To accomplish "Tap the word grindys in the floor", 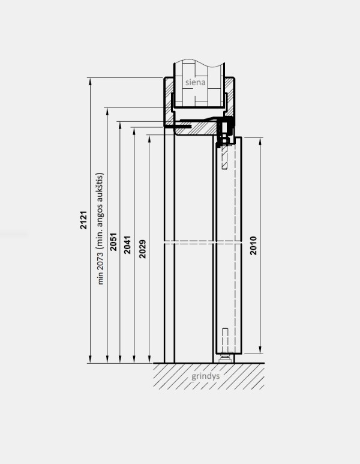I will pos(207,377).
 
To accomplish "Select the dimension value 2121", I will pos(83,221).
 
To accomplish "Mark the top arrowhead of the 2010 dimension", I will pos(260,140).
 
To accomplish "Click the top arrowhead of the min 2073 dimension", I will pos(107,110).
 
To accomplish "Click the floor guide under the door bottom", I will pos(226,358).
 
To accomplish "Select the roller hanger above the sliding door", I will pos(225,133).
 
